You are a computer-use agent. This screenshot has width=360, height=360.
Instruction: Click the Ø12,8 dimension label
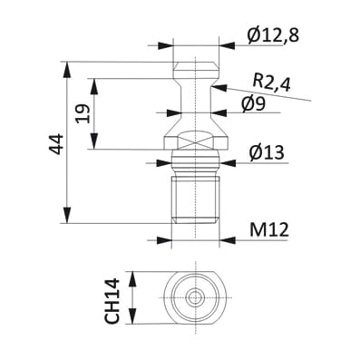tap(273, 35)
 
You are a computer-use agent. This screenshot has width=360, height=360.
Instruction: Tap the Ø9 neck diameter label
tap(254, 103)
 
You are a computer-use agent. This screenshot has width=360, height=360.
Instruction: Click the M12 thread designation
tap(268, 230)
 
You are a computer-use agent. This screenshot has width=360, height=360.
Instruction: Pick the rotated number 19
tap(83, 114)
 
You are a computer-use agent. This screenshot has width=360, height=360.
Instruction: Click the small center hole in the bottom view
tap(194, 297)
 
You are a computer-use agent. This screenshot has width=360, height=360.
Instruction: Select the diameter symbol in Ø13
tap(248, 152)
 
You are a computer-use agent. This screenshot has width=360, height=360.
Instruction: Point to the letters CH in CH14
tap(112, 311)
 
